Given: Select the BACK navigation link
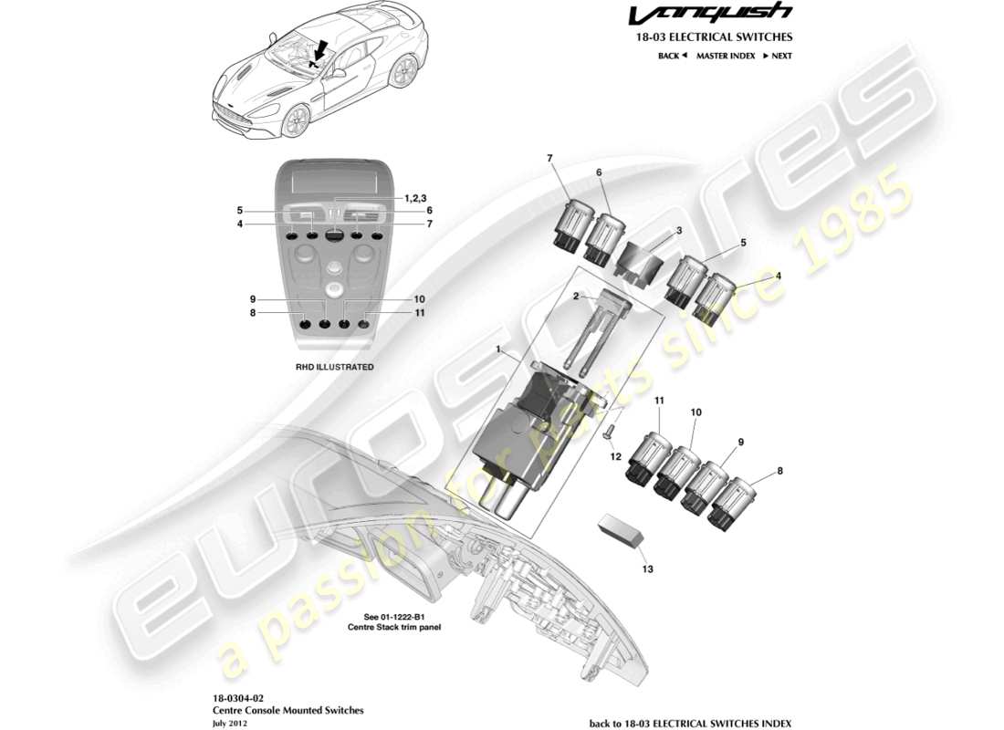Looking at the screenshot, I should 671,56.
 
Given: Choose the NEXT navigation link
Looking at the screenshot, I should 778,56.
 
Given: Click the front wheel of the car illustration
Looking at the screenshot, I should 295,121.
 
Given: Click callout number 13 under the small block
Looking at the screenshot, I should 647,568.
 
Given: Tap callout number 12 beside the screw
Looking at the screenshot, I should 616,455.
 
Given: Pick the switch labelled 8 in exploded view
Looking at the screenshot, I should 737,502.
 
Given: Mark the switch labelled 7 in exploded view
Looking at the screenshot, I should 572,224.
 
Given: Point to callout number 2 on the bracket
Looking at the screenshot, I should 576,297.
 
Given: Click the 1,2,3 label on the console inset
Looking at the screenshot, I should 415,197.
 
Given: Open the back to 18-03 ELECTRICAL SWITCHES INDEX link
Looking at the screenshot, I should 691,723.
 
